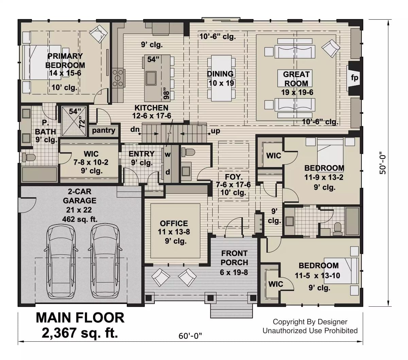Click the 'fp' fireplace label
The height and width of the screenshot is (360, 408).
pos(354,78)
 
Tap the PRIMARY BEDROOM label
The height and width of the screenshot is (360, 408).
pos(65,60)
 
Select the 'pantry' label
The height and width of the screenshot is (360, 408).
pos(103,130)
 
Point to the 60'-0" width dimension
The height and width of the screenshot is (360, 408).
pos(190,336)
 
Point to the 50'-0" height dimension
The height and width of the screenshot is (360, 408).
pos(384,163)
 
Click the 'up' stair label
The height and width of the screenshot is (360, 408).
pos(215,131)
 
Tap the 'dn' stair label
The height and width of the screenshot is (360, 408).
pos(134,129)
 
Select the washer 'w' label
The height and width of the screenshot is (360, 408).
pos(168,155)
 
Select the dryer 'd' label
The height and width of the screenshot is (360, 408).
pos(168,172)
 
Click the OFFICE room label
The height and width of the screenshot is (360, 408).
pos(174,223)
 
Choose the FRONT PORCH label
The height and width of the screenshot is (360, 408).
pos(234,258)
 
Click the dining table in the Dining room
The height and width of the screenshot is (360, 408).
pos(221,78)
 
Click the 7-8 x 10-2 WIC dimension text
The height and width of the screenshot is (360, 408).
pos(91,163)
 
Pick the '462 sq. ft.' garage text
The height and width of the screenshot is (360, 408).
pos(80,219)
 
